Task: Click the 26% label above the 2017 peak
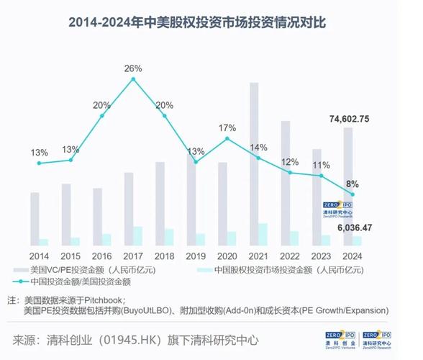(133, 68)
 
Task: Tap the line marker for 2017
(133, 79)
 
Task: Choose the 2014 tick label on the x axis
(40, 256)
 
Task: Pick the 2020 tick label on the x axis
(227, 256)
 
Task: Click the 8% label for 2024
(353, 184)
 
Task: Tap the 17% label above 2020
(227, 128)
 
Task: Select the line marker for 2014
(40, 163)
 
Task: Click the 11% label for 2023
(322, 166)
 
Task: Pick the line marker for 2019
(196, 162)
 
